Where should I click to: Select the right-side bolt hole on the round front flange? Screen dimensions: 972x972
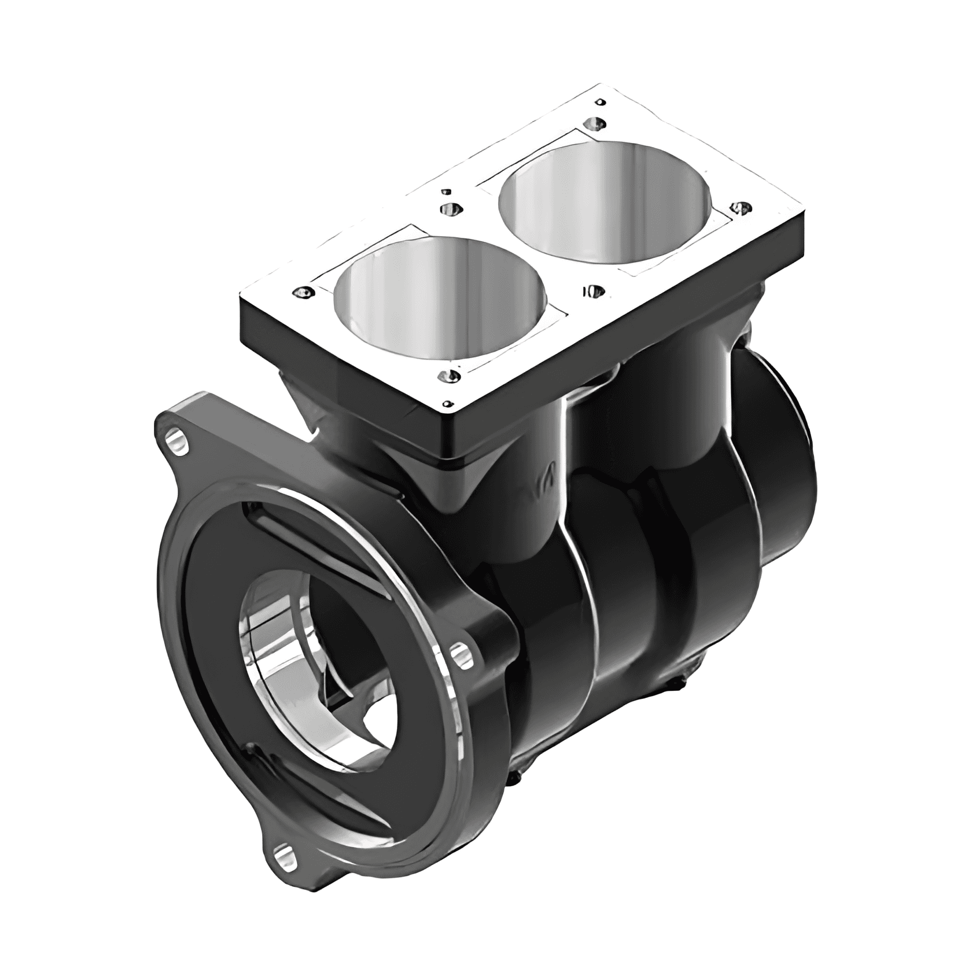point(460,654)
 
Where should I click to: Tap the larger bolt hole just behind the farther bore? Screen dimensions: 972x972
point(595,123)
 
